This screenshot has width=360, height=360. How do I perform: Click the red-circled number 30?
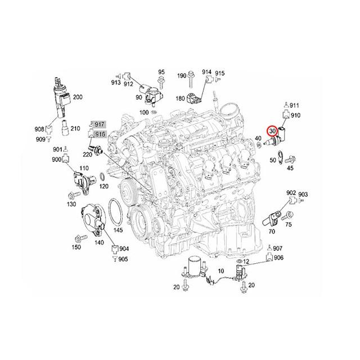(272, 130)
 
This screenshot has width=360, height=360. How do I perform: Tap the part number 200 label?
(78, 97)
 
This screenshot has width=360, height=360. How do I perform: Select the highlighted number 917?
(100, 124)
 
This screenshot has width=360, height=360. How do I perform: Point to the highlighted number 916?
(100, 134)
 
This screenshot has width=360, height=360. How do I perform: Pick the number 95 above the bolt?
(161, 72)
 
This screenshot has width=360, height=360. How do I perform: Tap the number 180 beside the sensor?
(180, 98)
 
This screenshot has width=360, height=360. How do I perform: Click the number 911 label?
(295, 105)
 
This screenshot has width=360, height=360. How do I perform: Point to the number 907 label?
(278, 248)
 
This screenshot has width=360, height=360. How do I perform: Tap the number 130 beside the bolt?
(71, 205)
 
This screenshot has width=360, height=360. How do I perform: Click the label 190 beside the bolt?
(182, 75)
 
